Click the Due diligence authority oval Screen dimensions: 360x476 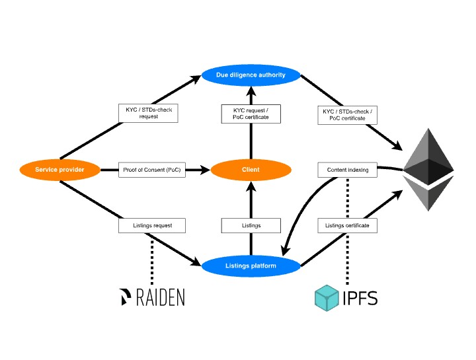click(x=251, y=75)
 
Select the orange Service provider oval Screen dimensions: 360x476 click(x=59, y=170)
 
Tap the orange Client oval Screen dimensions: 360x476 click(x=251, y=170)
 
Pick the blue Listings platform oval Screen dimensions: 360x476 click(x=251, y=266)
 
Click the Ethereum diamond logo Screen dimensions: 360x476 click(x=429, y=169)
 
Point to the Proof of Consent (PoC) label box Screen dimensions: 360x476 click(x=151, y=170)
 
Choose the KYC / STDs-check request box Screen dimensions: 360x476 click(x=148, y=113)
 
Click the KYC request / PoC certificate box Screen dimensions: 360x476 click(x=251, y=113)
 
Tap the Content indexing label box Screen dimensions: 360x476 click(x=348, y=170)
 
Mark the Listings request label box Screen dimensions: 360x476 click(x=151, y=225)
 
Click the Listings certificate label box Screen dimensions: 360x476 click(x=348, y=225)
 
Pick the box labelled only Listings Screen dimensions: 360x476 click(x=251, y=225)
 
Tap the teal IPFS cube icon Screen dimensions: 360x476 click(x=327, y=298)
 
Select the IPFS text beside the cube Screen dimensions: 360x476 click(x=360, y=299)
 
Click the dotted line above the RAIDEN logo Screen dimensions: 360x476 click(x=151, y=258)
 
